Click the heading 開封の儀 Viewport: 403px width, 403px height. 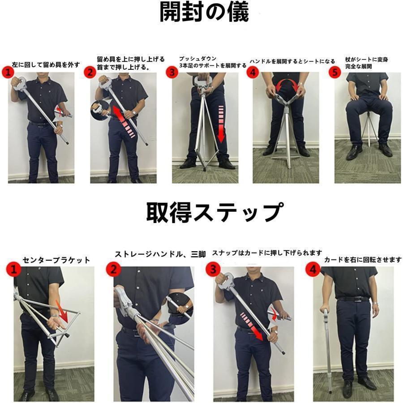tap(204, 13)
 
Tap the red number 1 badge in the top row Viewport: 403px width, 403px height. tap(7, 72)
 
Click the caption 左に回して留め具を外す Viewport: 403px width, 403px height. tap(47, 64)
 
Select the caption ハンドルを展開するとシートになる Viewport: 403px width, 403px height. tap(292, 61)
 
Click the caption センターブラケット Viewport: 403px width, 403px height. tap(56, 260)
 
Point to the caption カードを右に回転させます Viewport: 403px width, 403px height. tap(363, 260)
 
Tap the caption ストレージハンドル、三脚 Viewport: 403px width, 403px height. tap(160, 254)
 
